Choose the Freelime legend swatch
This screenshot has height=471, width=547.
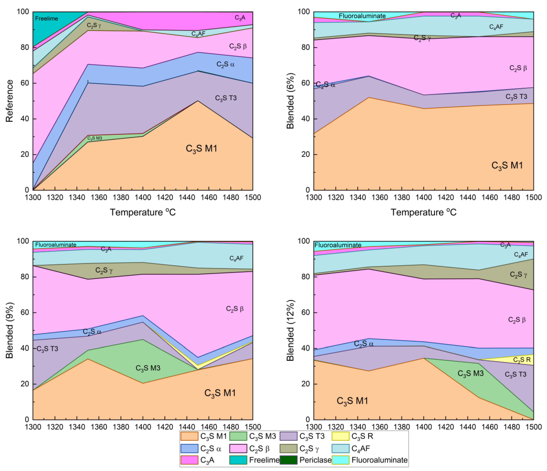coord(238,460)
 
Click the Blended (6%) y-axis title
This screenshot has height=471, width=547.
coord(290,101)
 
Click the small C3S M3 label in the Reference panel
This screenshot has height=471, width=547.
coord(95,138)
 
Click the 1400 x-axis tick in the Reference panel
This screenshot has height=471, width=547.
coord(143,197)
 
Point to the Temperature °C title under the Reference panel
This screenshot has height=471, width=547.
coord(143,212)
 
